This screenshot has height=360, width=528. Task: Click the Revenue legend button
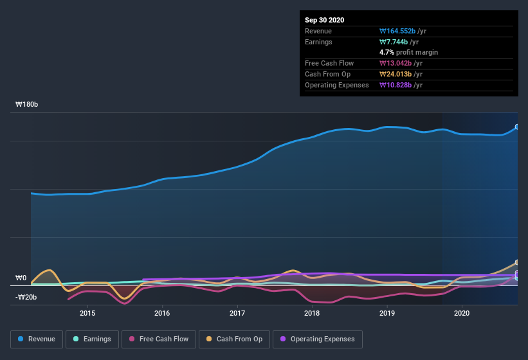pyautogui.click(x=37, y=339)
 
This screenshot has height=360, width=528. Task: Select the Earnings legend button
pyautogui.click(x=90, y=339)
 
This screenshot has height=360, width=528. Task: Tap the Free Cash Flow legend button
pyautogui.click(x=159, y=339)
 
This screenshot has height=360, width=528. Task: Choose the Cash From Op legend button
pyautogui.click(x=234, y=339)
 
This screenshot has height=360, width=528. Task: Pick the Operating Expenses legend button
pyautogui.click(x=317, y=339)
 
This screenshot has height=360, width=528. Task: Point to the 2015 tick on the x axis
pyautogui.click(x=87, y=313)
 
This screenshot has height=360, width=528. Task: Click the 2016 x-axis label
pyautogui.click(x=162, y=313)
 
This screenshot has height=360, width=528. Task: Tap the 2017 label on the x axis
pyautogui.click(x=237, y=313)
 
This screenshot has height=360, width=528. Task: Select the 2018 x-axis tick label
pyautogui.click(x=312, y=313)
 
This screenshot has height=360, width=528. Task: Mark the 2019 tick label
pyautogui.click(x=387, y=313)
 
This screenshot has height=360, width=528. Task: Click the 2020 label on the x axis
pyautogui.click(x=462, y=313)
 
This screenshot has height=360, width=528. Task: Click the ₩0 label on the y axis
pyautogui.click(x=21, y=278)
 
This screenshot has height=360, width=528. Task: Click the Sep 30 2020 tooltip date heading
pyautogui.click(x=325, y=20)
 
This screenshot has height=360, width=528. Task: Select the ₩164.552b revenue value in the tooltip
pyautogui.click(x=401, y=31)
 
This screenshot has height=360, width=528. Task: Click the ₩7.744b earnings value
pyautogui.click(x=399, y=42)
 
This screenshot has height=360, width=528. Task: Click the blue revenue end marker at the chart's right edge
pyautogui.click(x=516, y=127)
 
